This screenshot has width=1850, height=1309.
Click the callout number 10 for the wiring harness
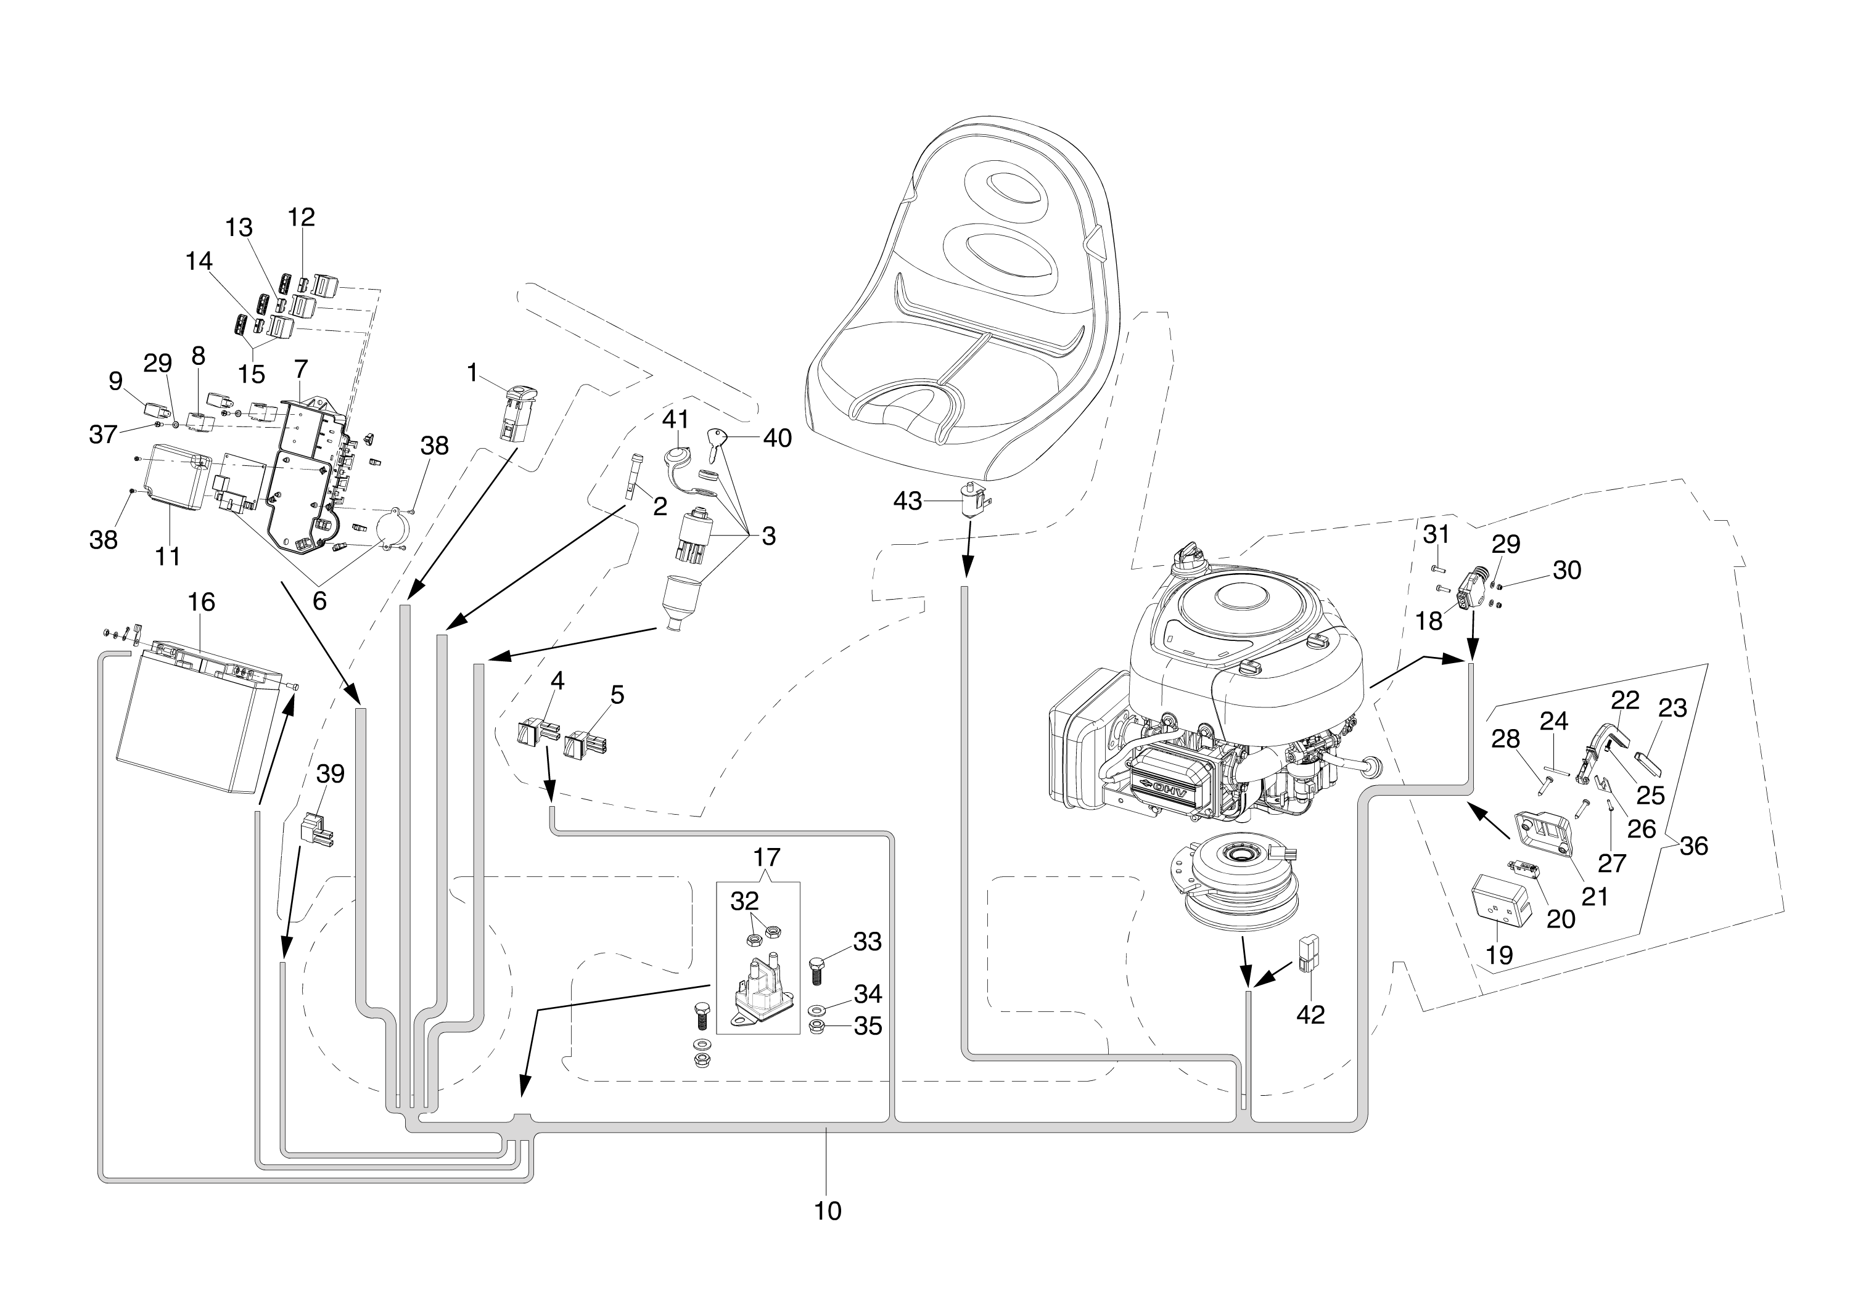pyautogui.click(x=828, y=1210)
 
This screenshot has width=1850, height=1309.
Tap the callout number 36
pyautogui.click(x=1693, y=846)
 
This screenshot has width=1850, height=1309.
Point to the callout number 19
pyautogui.click(x=1499, y=955)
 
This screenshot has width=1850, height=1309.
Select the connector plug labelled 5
pyautogui.click(x=585, y=744)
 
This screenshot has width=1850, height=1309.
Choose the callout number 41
pyautogui.click(x=676, y=419)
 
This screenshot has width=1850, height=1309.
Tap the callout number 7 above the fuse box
pyautogui.click(x=301, y=369)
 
